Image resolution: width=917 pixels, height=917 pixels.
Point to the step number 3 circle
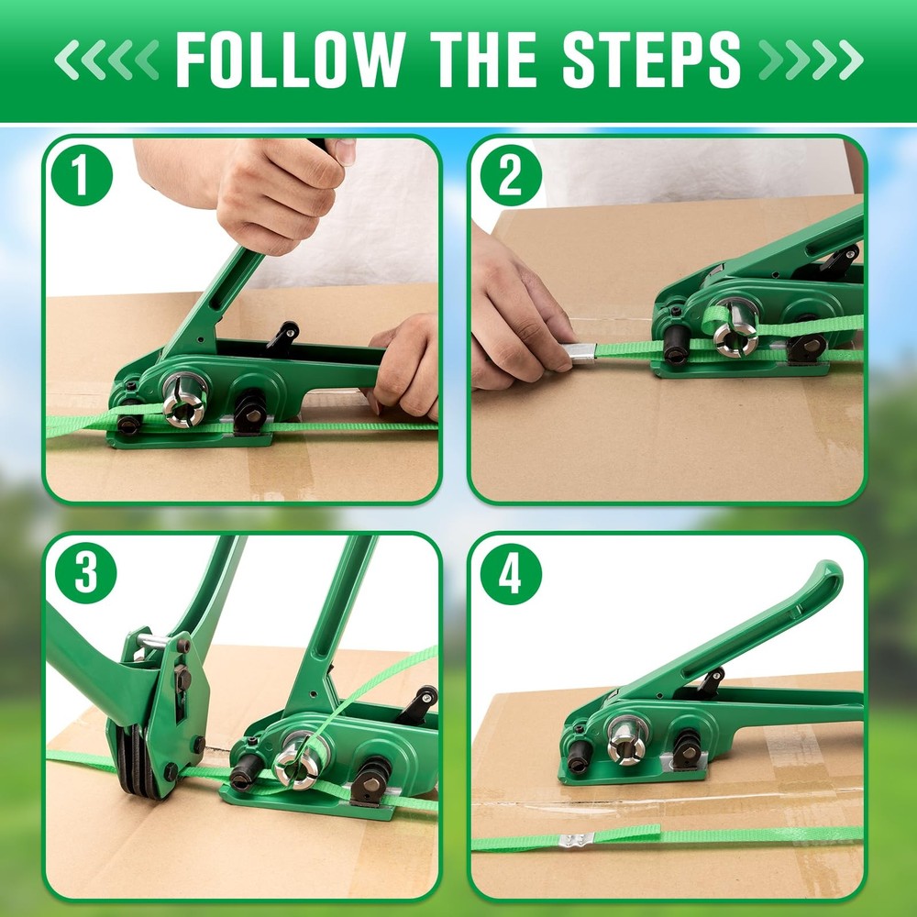point(85,573)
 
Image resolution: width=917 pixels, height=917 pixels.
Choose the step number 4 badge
point(511,574)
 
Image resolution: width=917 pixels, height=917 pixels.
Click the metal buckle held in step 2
point(579,351)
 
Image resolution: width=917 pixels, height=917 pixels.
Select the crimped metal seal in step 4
point(577,839)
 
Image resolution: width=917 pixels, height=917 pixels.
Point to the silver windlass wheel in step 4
point(628,738)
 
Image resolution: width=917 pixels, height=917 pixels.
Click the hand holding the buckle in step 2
point(518,316)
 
